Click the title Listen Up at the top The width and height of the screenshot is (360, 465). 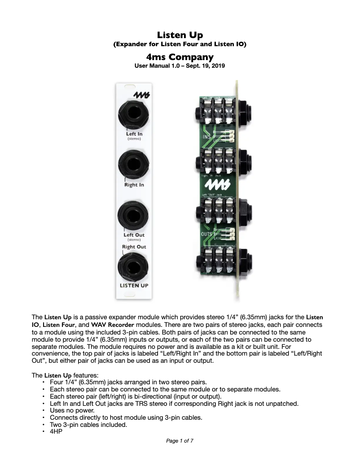click(180, 35)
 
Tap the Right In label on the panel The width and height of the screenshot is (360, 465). click(134, 184)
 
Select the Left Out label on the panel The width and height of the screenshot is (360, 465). click(134, 235)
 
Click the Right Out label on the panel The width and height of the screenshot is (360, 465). click(134, 247)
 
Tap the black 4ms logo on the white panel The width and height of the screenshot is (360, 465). click(141, 94)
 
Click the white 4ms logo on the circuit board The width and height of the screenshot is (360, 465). click(214, 184)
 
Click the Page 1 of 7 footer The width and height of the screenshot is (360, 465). click(180, 441)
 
